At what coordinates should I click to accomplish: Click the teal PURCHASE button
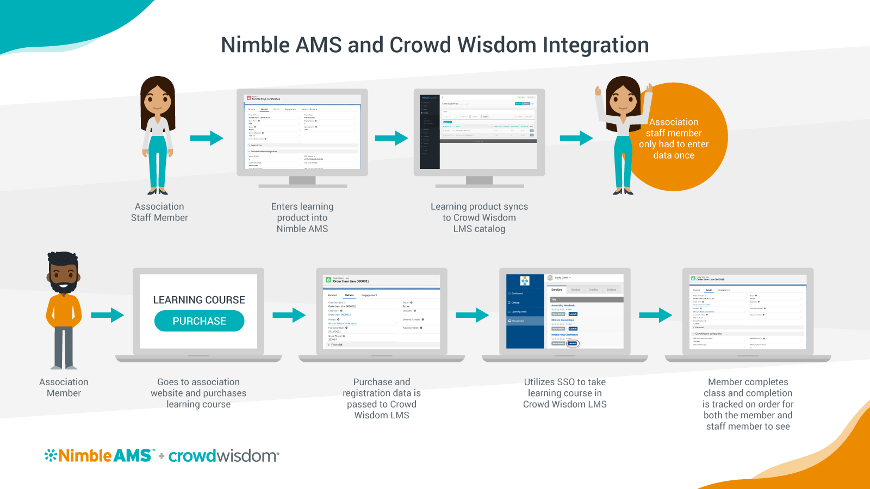(x=199, y=321)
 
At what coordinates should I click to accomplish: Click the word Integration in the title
(x=595, y=45)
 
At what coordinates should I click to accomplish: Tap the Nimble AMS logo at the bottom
(x=99, y=455)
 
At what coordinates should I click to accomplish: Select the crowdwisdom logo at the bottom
(x=223, y=455)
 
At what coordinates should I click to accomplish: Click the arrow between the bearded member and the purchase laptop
(x=107, y=315)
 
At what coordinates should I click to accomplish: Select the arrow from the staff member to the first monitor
(x=207, y=138)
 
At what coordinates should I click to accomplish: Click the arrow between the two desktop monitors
(x=391, y=138)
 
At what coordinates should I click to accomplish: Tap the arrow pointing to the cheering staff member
(x=576, y=138)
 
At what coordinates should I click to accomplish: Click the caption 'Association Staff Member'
(x=159, y=212)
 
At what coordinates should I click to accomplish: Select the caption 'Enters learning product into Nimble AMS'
(x=302, y=217)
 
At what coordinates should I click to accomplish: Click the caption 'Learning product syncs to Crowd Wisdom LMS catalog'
(x=479, y=217)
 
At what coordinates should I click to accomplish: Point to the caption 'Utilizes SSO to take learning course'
(x=565, y=393)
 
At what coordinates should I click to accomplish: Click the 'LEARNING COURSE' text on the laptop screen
(x=199, y=300)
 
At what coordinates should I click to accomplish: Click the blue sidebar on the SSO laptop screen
(x=525, y=321)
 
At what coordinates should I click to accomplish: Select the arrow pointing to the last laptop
(x=656, y=315)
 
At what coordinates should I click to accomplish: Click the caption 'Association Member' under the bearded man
(x=64, y=387)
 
